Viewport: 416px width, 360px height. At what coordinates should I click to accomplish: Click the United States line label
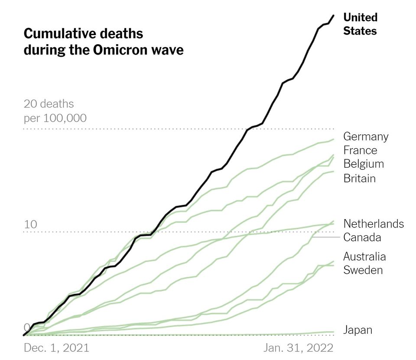pyautogui.click(x=360, y=24)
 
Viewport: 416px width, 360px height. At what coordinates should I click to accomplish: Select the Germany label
pyautogui.click(x=366, y=136)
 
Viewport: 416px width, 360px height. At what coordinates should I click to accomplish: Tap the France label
pyautogui.click(x=360, y=150)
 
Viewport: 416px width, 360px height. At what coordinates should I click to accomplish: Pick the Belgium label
pyautogui.click(x=364, y=164)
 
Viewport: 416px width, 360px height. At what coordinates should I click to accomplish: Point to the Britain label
pyautogui.click(x=359, y=178)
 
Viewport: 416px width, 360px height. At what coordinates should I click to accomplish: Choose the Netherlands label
pyautogui.click(x=374, y=224)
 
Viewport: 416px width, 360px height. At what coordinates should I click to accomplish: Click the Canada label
pyautogui.click(x=362, y=237)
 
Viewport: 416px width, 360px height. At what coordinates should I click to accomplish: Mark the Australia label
pyautogui.click(x=364, y=256)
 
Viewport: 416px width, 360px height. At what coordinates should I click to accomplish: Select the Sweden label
pyautogui.click(x=363, y=270)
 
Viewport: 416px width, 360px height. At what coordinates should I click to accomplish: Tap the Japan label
pyautogui.click(x=357, y=330)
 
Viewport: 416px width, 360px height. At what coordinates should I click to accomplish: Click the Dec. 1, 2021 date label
pyautogui.click(x=56, y=347)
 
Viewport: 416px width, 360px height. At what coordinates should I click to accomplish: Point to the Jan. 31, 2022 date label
pyautogui.click(x=299, y=347)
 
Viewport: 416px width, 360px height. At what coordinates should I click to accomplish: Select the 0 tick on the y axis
pyautogui.click(x=27, y=327)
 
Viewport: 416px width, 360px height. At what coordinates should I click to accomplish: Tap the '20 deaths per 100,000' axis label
pyautogui.click(x=55, y=111)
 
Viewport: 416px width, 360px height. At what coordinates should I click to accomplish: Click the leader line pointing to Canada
pyautogui.click(x=325, y=237)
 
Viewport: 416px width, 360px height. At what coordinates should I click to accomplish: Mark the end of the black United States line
pyautogui.click(x=334, y=16)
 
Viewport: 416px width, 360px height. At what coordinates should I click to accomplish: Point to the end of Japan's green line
pyautogui.click(x=334, y=332)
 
